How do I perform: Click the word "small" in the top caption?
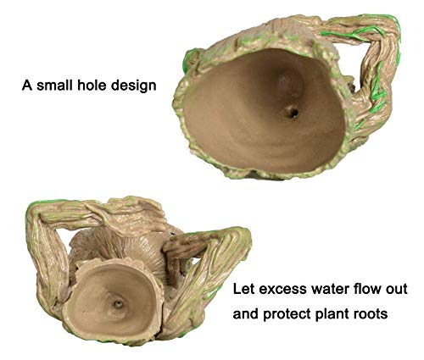tap(55, 86)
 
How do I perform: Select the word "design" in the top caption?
tap(133, 86)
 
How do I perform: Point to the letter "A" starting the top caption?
tap(27, 86)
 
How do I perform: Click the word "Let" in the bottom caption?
tap(243, 289)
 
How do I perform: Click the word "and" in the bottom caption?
tap(246, 313)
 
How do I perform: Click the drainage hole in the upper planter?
tap(292, 113)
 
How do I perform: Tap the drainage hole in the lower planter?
tap(118, 304)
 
